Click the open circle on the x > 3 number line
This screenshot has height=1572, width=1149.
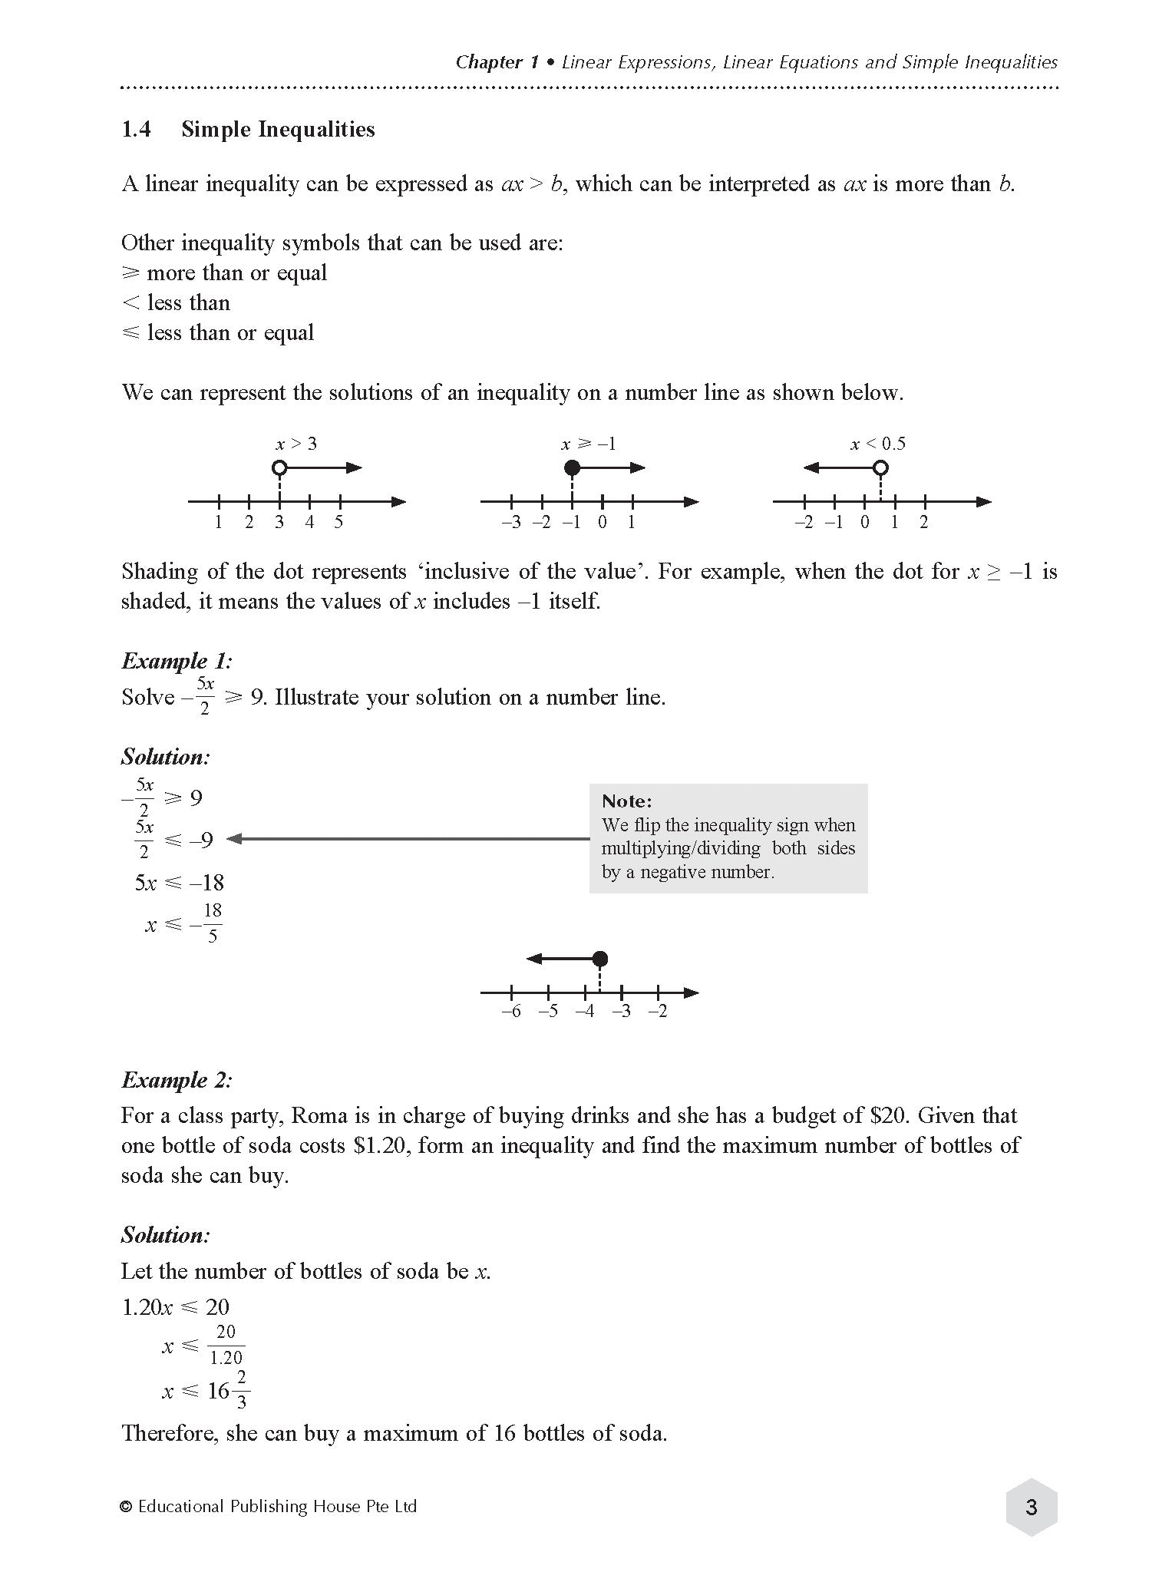[x=279, y=467]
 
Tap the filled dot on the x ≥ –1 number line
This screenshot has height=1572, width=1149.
[x=571, y=467]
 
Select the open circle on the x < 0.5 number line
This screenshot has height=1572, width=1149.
[x=881, y=467]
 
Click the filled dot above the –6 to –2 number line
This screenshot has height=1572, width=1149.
[x=600, y=959]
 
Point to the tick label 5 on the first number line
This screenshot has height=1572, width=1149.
[x=338, y=522]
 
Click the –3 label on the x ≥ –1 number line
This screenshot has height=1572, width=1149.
[x=510, y=522]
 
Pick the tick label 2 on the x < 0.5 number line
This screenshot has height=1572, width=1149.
[x=924, y=522]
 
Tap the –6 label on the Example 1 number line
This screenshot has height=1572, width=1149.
[x=510, y=1011]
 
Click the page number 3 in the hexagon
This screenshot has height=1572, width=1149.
[x=1031, y=1508]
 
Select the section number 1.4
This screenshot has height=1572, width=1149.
[x=136, y=129]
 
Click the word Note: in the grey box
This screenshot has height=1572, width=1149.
[x=626, y=801]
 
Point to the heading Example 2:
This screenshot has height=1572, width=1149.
[x=177, y=1080]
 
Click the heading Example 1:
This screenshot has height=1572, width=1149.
[x=177, y=661]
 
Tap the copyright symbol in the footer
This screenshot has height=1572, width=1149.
[x=127, y=1507]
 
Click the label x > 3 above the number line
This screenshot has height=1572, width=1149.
[x=296, y=444]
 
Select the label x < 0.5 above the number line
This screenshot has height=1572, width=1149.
[x=878, y=444]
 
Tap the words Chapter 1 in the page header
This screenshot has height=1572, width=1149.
[x=497, y=62]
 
